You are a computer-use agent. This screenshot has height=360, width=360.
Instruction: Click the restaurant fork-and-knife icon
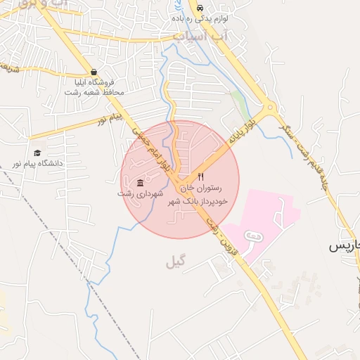[201, 176]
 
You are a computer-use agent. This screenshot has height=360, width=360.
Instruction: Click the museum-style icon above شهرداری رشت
[141, 182]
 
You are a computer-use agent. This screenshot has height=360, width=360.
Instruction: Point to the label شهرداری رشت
[141, 193]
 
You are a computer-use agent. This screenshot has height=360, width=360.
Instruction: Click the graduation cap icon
[37, 153]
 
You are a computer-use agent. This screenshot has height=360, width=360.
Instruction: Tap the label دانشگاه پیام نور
[37, 163]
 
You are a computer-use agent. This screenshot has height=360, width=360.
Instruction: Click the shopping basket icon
[94, 72]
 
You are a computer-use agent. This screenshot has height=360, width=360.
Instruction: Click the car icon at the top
[201, 8]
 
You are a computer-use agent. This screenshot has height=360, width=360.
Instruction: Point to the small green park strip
[240, 105]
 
